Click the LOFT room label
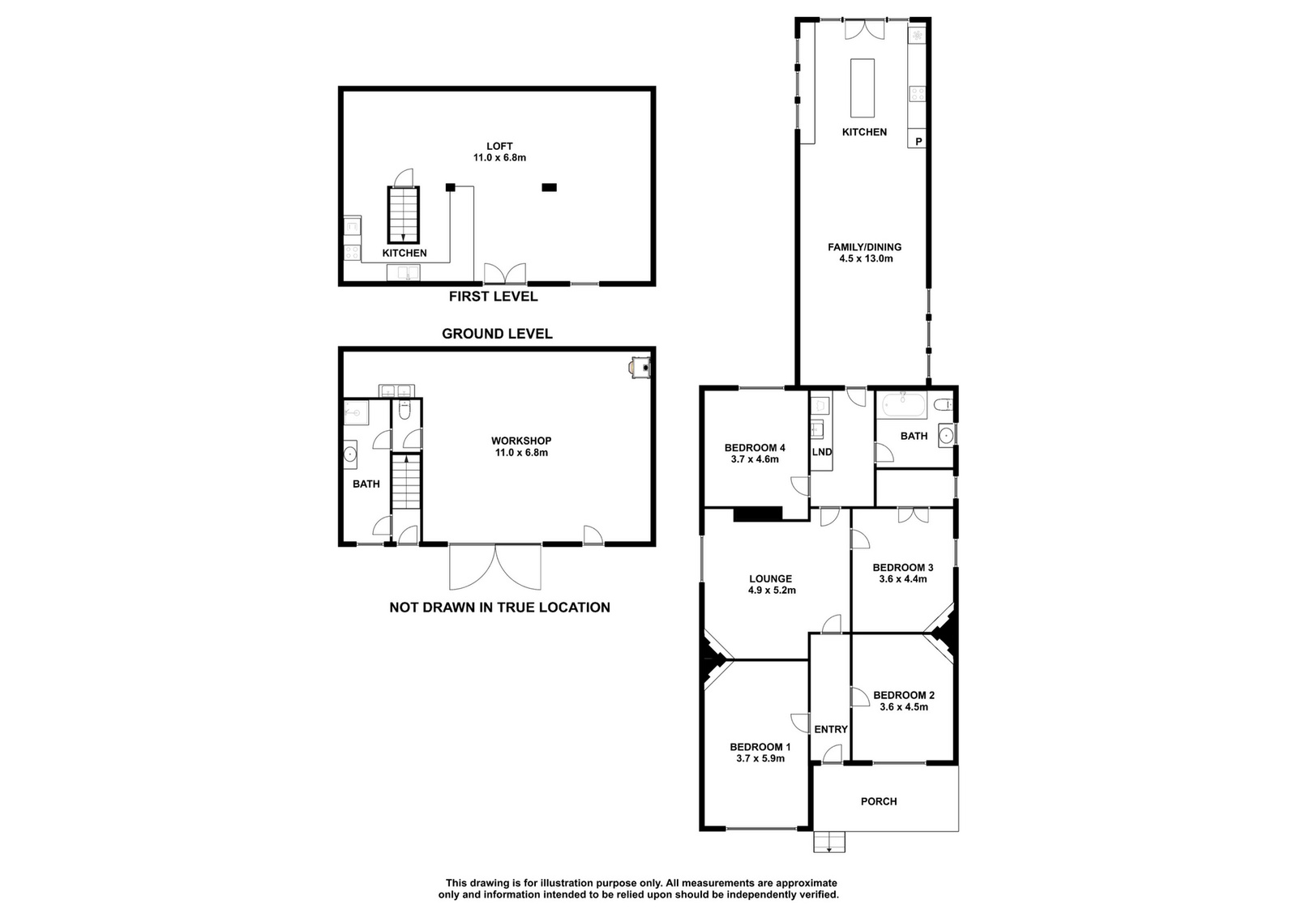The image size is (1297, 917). (x=499, y=147)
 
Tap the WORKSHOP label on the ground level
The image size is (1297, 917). (x=521, y=441)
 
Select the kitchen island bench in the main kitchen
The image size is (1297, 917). (x=863, y=87)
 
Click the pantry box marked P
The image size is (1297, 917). (x=918, y=141)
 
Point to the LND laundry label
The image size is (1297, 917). (x=822, y=452)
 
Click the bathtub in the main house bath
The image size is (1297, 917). (x=904, y=404)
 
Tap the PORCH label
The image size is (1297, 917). (x=879, y=801)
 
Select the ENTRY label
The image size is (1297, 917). (x=831, y=730)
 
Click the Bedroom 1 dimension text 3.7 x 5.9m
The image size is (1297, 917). (x=760, y=758)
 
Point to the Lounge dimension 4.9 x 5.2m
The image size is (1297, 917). (x=772, y=590)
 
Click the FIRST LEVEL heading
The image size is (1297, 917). (x=494, y=296)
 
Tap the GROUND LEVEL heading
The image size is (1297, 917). (x=497, y=334)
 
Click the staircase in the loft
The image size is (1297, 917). (x=403, y=214)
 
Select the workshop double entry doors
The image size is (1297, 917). (x=495, y=567)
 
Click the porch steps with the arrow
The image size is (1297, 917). (x=829, y=842)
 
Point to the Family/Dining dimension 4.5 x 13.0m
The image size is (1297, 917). (x=866, y=258)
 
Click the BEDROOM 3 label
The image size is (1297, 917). (x=903, y=567)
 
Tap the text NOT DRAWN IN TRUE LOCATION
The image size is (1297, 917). (x=499, y=607)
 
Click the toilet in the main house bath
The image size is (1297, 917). (x=944, y=404)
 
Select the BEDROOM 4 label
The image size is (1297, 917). (x=755, y=447)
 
